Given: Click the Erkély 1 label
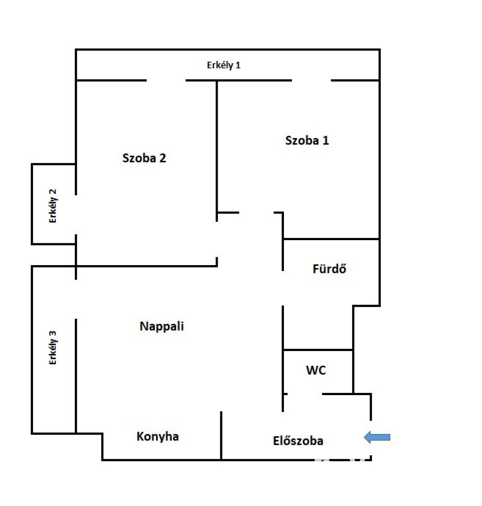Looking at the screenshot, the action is (x=224, y=65).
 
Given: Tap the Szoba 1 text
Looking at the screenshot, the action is (x=307, y=141).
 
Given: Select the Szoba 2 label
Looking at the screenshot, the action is (x=144, y=158).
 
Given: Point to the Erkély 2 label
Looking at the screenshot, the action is (x=53, y=206).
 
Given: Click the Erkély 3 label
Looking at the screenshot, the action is (x=53, y=348).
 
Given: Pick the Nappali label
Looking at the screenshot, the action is (x=162, y=327).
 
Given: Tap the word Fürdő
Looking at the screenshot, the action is (x=329, y=269).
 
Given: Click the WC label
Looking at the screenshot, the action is (x=316, y=370).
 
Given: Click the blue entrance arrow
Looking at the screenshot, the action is (x=377, y=437).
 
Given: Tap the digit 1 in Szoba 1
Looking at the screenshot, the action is (x=326, y=141).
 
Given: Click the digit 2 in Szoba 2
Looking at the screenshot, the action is (x=163, y=158).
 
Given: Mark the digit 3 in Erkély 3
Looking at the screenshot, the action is (x=53, y=334).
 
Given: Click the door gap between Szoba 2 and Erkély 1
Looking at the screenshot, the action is (x=166, y=81).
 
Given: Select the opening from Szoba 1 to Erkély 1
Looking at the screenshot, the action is (x=311, y=81).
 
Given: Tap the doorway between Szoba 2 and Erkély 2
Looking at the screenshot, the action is (x=76, y=215).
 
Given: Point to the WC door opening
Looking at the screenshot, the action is (x=305, y=394).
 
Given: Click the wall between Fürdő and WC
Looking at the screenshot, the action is (x=318, y=350).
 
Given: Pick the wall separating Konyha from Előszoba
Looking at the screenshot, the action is (x=221, y=435).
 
